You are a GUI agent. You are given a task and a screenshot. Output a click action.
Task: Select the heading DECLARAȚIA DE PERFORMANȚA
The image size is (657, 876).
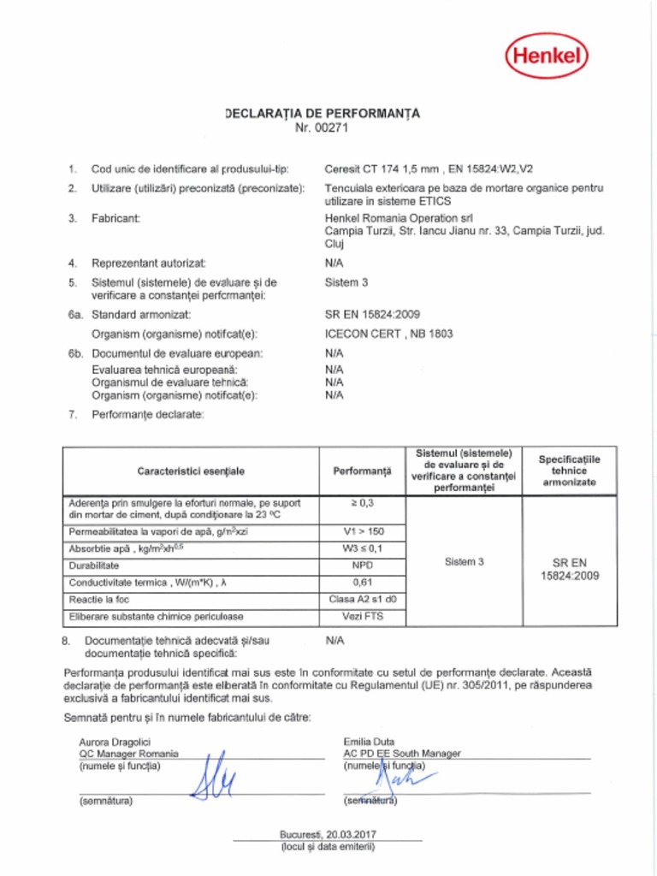point(323,113)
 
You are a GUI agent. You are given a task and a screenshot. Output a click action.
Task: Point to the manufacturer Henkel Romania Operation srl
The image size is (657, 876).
point(399,218)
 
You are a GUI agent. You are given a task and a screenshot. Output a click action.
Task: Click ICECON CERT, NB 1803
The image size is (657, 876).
point(388,334)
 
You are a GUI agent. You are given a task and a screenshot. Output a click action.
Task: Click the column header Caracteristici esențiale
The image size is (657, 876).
point(191,471)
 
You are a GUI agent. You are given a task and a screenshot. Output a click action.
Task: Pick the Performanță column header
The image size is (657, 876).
point(362,471)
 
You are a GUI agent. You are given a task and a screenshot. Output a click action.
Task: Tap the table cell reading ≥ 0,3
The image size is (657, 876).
point(363,503)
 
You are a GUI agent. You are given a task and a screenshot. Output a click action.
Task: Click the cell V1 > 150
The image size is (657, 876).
point(363,531)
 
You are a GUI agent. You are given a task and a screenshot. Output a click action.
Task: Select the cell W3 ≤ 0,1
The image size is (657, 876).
point(363,548)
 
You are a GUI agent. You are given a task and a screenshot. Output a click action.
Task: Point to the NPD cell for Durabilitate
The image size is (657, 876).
point(363,565)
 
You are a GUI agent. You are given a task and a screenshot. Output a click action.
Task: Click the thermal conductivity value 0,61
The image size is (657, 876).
point(363,583)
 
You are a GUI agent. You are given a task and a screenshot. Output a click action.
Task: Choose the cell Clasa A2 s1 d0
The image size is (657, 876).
point(363,599)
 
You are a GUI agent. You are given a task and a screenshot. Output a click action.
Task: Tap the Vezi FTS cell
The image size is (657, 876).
point(363,616)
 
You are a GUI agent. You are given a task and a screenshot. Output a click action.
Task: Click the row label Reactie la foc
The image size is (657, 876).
point(99,600)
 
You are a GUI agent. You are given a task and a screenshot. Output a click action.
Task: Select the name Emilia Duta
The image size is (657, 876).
point(370,741)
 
